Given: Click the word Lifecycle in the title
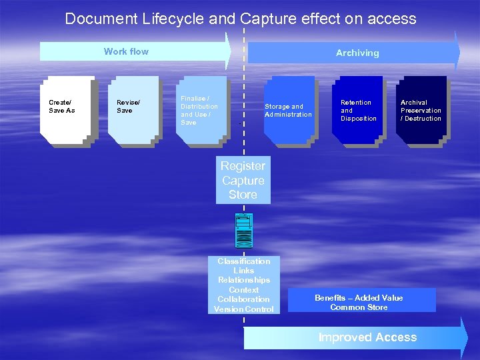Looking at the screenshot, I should click(x=173, y=19).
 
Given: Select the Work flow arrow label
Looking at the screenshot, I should click(x=126, y=51).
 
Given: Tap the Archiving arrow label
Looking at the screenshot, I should click(x=357, y=53).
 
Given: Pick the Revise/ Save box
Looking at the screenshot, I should click(x=133, y=110).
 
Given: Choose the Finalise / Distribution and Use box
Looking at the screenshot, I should click(x=201, y=110).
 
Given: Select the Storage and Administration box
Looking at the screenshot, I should click(x=289, y=110).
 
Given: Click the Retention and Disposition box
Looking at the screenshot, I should click(x=357, y=110).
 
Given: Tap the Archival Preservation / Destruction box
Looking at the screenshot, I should click(x=421, y=110).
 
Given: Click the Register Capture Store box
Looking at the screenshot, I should click(x=243, y=180).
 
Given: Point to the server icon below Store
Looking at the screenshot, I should click(x=243, y=229).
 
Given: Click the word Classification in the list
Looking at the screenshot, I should click(x=244, y=261).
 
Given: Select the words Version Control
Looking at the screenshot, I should click(x=244, y=309).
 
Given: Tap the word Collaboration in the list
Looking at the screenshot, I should click(x=244, y=299).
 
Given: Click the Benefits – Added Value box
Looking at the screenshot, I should click(x=359, y=298).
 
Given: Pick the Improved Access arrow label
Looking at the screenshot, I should click(x=367, y=337).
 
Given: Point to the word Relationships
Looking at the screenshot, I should click(x=244, y=280).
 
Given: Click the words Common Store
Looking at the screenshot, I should click(x=359, y=307).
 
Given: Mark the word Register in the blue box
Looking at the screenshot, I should click(x=243, y=166).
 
